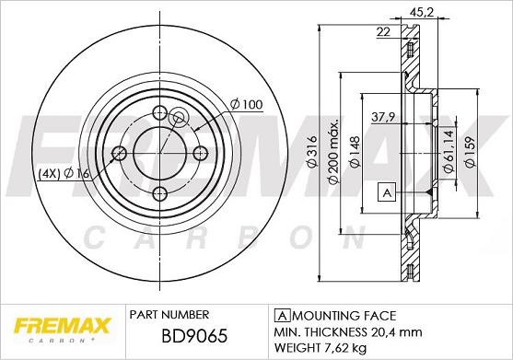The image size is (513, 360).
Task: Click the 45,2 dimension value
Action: click(422, 13)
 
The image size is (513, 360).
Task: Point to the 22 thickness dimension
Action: click(383, 32)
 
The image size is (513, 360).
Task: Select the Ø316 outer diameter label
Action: click(312, 152)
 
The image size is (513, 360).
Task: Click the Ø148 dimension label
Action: click(355, 152)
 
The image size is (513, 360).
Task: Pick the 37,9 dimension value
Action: click(383, 117)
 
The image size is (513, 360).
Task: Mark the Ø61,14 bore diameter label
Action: click(448, 151)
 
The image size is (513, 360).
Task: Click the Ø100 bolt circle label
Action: click(246, 104)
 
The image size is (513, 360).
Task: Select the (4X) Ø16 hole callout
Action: click(64, 174)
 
